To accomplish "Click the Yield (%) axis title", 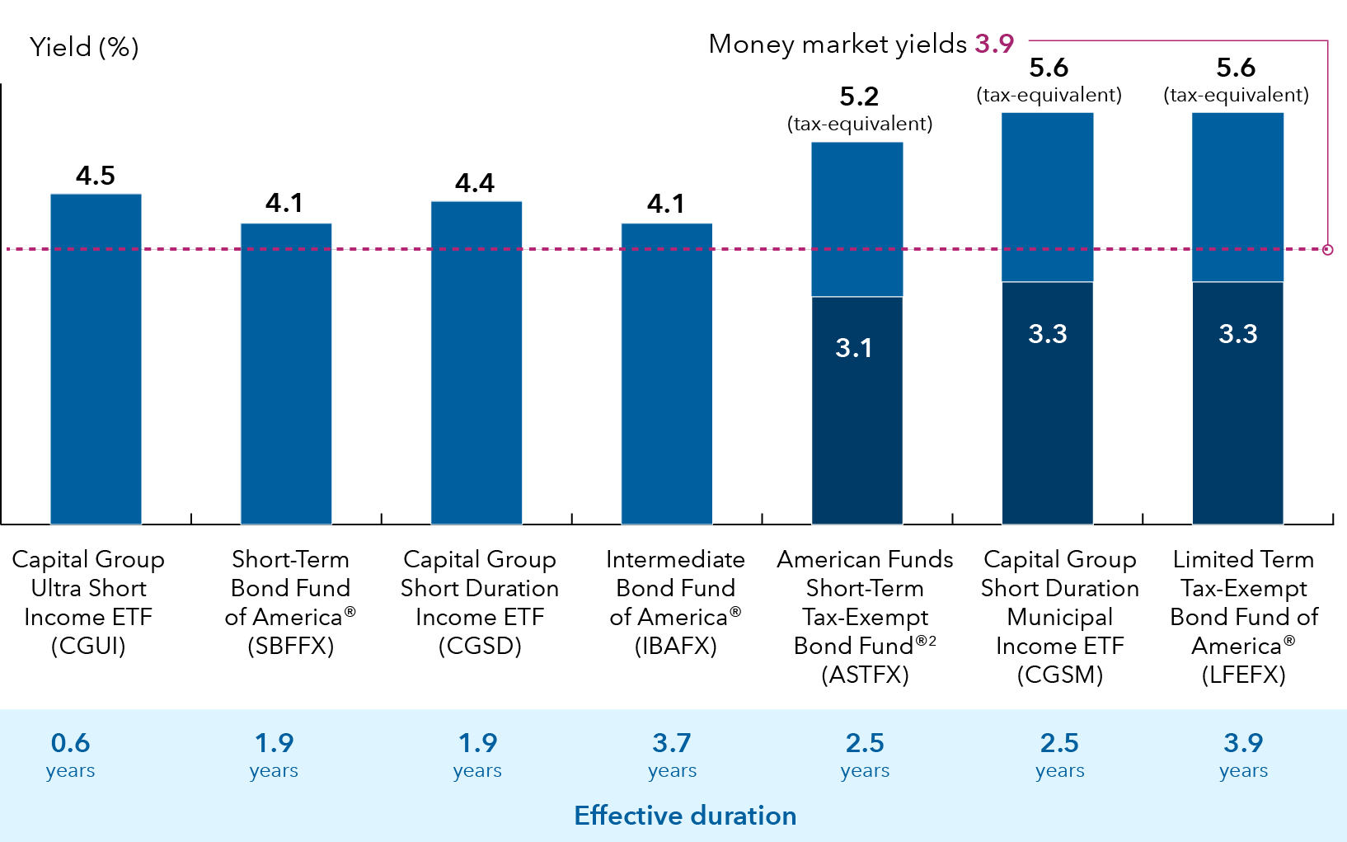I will [84, 47].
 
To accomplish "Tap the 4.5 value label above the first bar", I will [96, 176].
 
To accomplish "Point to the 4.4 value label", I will [475, 183].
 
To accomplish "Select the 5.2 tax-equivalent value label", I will [859, 97].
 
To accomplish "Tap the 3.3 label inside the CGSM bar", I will [1047, 334].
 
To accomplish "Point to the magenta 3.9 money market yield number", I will [994, 44].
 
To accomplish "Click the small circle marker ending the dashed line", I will [1327, 249].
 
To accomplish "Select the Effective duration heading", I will [685, 816].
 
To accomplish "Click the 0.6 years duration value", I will [71, 743].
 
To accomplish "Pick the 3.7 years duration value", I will [672, 743].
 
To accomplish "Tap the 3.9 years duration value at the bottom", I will [1243, 743].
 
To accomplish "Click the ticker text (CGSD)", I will [480, 646].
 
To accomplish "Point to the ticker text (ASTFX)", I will [865, 675].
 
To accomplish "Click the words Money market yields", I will [838, 44].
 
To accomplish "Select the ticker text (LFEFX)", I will [1243, 675].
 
